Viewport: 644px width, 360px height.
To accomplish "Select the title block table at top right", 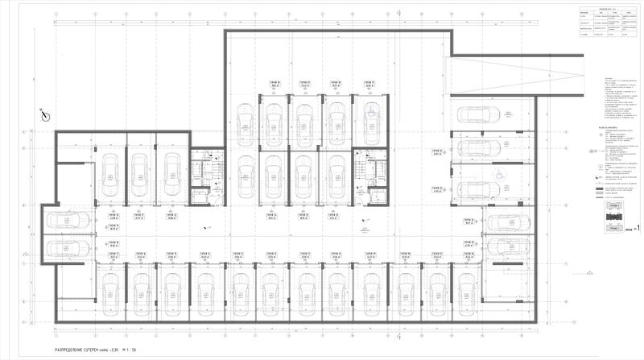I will tap(608, 24).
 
